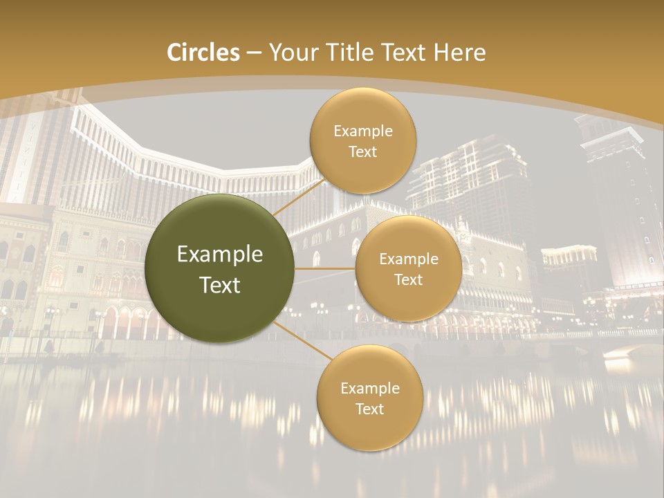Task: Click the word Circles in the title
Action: (203, 53)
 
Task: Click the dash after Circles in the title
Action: (254, 53)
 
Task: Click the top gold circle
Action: (362, 141)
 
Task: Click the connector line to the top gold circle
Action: (297, 198)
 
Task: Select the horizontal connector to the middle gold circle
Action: (324, 268)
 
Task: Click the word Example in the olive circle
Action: (220, 255)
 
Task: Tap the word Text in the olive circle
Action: (220, 285)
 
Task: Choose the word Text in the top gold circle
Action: (362, 152)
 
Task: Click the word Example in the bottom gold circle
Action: (369, 389)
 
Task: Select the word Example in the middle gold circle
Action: (408, 259)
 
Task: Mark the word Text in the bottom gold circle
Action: (369, 409)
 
